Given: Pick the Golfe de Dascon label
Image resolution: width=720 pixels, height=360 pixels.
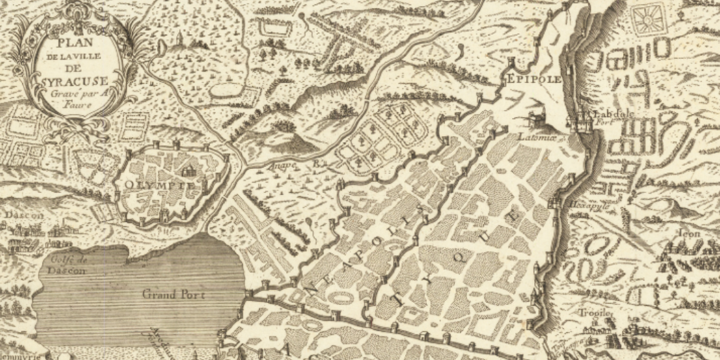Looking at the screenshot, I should (x=68, y=265).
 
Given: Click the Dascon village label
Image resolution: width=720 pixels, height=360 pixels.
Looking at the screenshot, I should (x=24, y=215).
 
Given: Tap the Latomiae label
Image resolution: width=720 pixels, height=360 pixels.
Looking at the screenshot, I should (x=530, y=137).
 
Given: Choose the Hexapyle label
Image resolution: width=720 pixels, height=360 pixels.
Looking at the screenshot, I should (x=585, y=205).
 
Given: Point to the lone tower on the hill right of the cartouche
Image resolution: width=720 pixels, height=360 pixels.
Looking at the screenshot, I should (x=177, y=41).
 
